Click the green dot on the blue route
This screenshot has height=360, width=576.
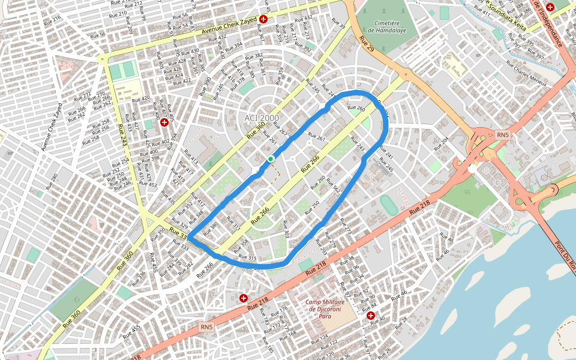pos(271,158)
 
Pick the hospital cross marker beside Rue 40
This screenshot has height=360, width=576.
pos(371,316)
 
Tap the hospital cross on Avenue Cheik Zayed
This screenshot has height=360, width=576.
pos(263,19)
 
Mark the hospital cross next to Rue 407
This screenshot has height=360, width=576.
pos(164,122)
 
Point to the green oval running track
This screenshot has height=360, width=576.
pos(388,204)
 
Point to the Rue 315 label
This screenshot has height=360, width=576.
pos(248,258)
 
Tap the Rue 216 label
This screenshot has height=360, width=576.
pos(53,22)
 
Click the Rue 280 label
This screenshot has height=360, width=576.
pos(51,178)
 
